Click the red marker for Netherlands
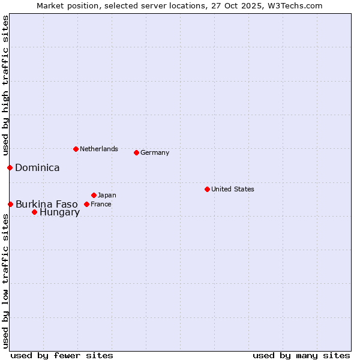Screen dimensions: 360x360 (x=76, y=149)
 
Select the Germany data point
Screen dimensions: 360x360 (x=136, y=152)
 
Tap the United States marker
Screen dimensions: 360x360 (x=207, y=189)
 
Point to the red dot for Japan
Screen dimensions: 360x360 (x=94, y=195)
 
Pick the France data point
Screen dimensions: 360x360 (x=86, y=204)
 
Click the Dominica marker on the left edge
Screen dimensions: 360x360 (x=10, y=167)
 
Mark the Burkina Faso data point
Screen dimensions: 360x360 (x=10, y=204)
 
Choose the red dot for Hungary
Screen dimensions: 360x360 (x=34, y=212)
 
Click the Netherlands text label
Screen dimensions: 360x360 (x=98, y=149)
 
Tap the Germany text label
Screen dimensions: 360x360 (x=155, y=152)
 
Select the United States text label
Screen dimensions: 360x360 (x=232, y=189)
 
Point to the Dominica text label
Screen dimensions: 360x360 (x=37, y=167)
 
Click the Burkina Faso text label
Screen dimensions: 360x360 (x=46, y=204)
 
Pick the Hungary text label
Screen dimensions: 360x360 (x=59, y=212)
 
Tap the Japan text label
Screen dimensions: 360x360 (x=107, y=195)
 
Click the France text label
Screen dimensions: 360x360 (x=101, y=204)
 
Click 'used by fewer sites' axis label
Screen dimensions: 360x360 (x=62, y=355)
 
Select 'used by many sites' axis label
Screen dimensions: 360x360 (x=301, y=355)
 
